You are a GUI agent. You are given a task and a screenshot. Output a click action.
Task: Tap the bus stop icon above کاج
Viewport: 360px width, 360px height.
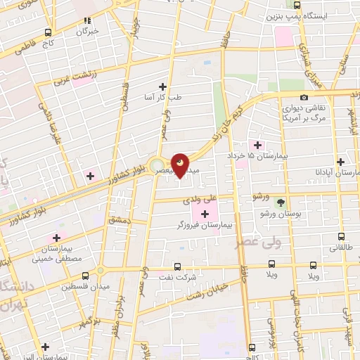pos(48,32)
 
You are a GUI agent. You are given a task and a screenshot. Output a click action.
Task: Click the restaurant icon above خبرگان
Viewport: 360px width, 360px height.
pos(88,21)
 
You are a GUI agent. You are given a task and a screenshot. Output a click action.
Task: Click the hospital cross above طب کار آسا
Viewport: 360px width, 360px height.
pos(162,86)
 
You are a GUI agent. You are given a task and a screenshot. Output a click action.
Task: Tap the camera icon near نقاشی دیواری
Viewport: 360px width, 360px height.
pos(304,97)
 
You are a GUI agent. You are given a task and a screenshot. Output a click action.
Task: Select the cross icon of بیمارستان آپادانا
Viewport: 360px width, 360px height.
pos(341,161)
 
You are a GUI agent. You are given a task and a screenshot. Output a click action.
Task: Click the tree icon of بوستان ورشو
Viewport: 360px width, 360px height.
pos(281,202)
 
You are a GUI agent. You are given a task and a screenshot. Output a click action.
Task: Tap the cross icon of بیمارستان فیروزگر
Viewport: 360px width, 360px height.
pos(205,214)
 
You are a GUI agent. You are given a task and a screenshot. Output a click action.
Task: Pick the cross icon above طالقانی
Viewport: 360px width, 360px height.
pos(341,238)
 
